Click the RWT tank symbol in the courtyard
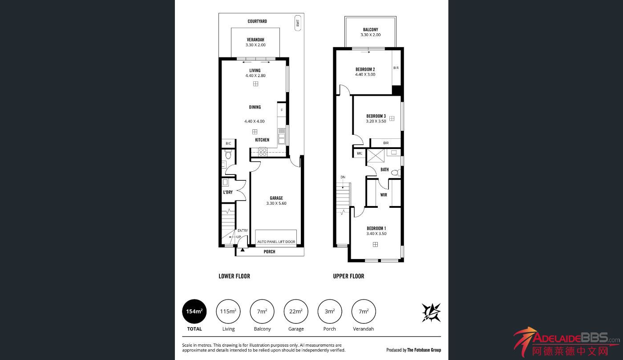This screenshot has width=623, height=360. (x=298, y=23)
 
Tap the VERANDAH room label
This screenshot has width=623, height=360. (x=255, y=40)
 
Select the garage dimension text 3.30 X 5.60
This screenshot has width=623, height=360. (x=276, y=203)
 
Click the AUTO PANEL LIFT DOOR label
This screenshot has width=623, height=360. (x=276, y=242)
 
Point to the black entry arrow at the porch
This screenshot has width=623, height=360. (x=243, y=250)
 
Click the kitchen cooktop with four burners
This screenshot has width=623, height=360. (x=263, y=152)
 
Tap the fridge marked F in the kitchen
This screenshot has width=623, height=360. (x=281, y=110)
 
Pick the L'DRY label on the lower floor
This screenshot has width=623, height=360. (x=228, y=192)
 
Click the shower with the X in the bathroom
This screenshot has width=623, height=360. (x=376, y=156)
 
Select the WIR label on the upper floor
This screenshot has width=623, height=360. (x=384, y=195)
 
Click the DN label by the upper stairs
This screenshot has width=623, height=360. (x=343, y=177)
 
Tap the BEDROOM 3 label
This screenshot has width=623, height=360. (x=376, y=116)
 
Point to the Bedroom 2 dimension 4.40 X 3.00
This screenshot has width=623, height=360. (x=365, y=75)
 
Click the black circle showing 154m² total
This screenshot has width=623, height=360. (x=194, y=311)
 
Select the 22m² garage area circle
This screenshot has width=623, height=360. (x=296, y=311)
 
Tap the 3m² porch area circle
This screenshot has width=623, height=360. (x=330, y=311)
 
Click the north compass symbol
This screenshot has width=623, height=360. (x=431, y=312)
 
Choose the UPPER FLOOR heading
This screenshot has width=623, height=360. (x=348, y=276)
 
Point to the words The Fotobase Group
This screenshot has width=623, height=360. (x=424, y=350)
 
